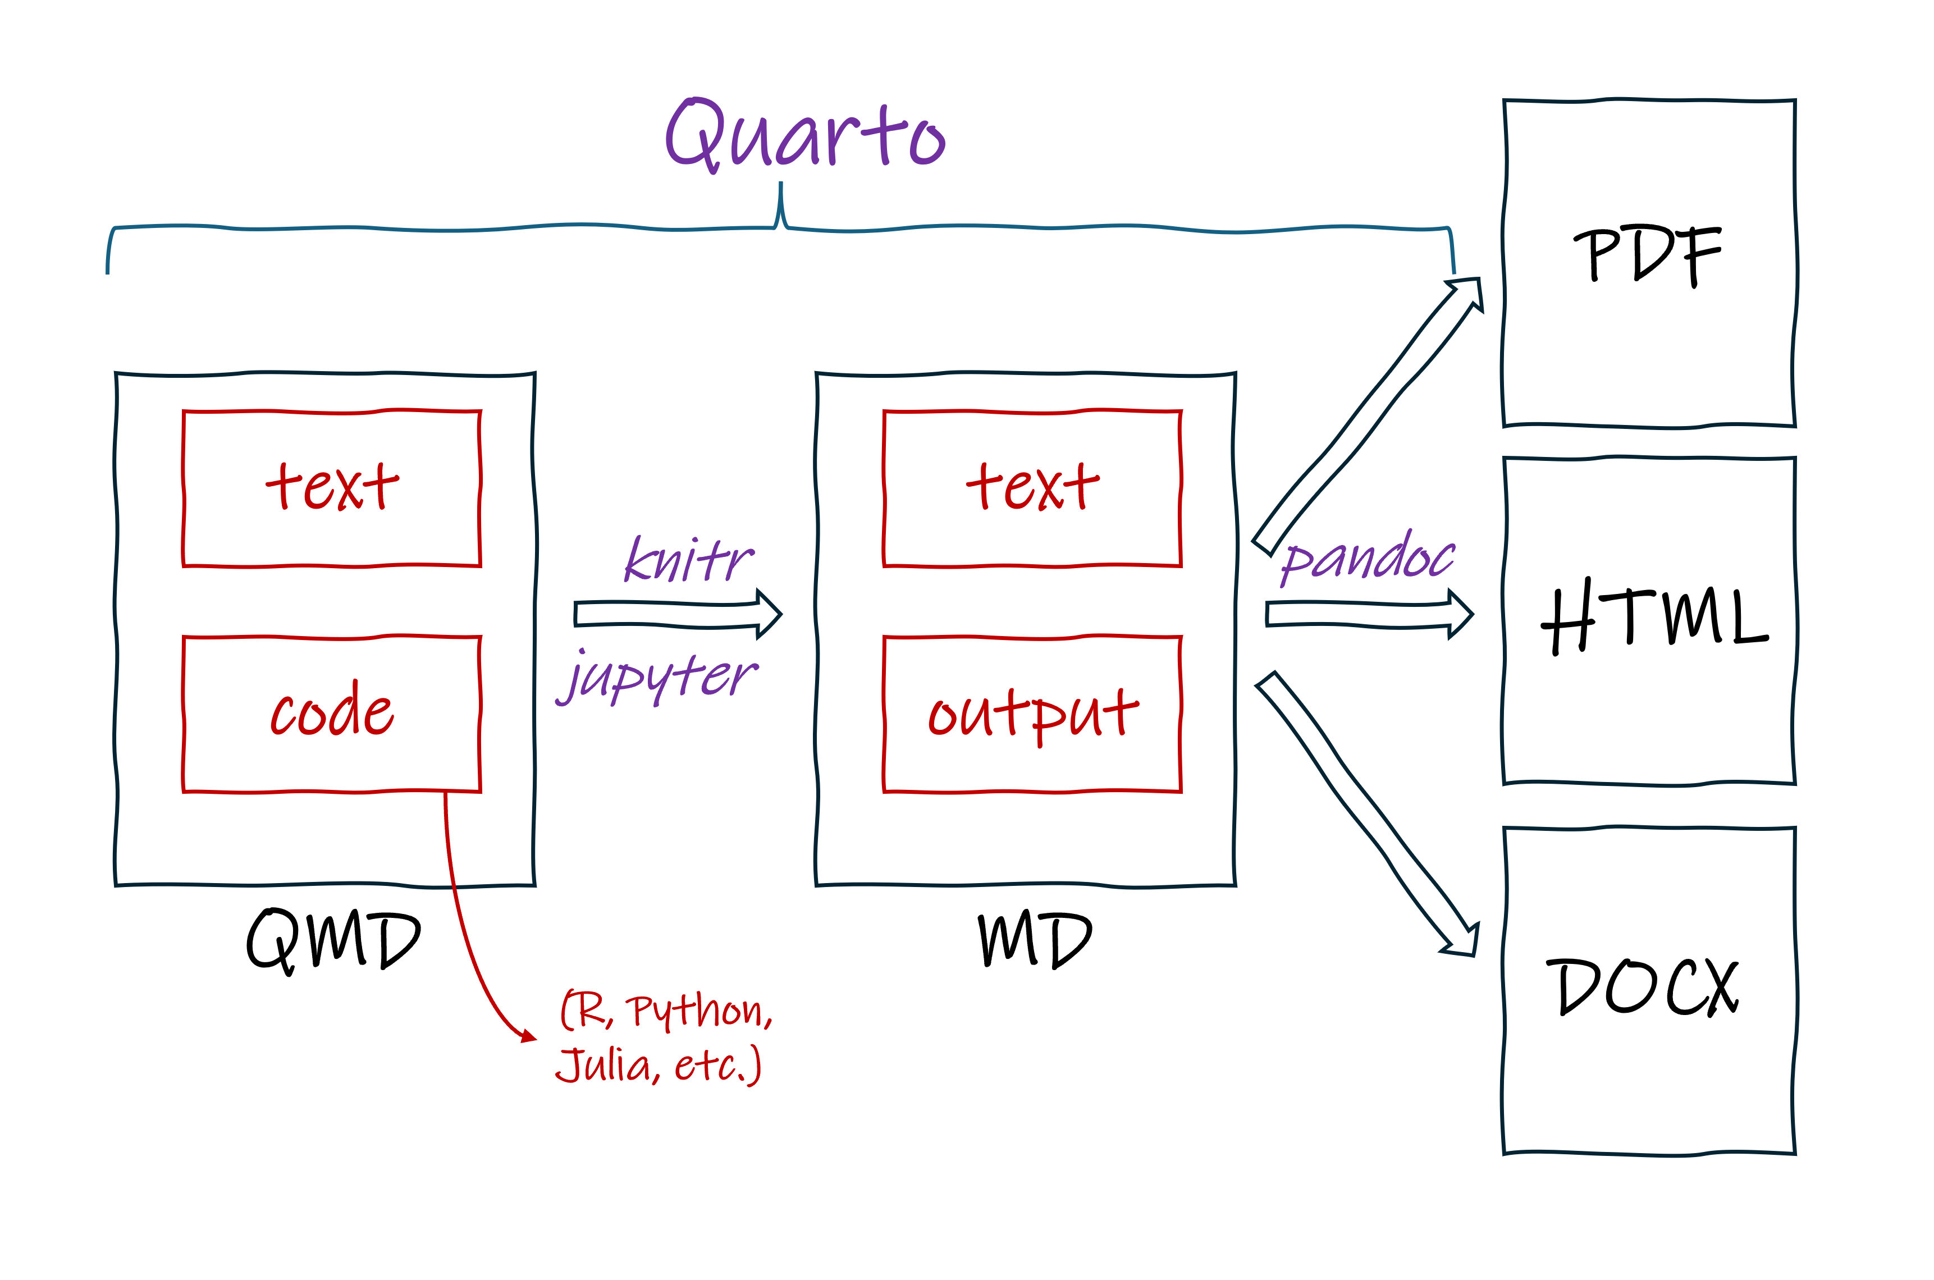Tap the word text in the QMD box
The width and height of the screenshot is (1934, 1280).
tap(332, 487)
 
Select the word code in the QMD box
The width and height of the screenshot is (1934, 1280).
tap(332, 710)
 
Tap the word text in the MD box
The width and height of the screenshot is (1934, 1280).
tap(1033, 487)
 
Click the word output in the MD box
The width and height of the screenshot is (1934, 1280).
tap(1033, 714)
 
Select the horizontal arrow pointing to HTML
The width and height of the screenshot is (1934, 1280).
tap(1368, 614)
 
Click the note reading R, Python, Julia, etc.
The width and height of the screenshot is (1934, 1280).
tap(663, 1037)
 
